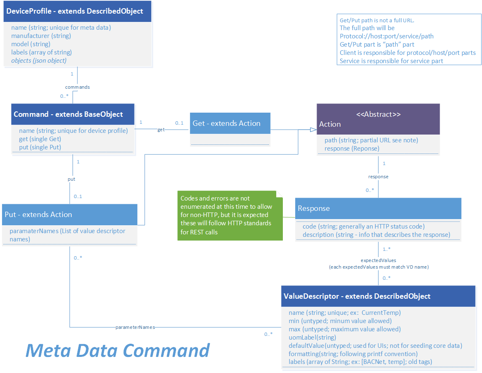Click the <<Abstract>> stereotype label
378,114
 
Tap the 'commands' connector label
78,87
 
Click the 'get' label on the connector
161,130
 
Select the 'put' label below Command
71,179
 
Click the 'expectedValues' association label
378,260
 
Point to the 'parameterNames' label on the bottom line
135,327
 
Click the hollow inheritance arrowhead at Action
313,130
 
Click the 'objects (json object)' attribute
39,60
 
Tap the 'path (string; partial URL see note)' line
371,140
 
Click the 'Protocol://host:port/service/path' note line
386,36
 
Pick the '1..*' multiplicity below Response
387,249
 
